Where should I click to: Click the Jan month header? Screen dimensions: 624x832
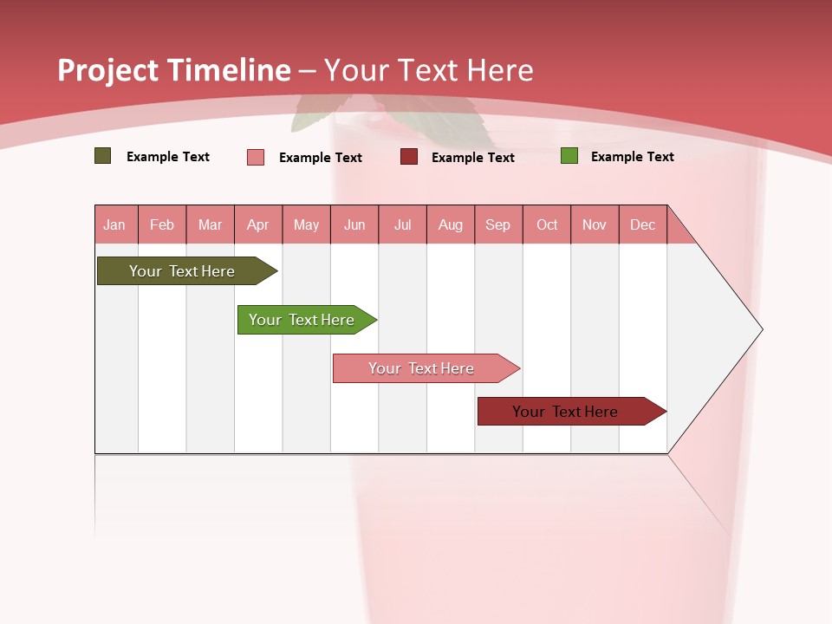click(x=115, y=225)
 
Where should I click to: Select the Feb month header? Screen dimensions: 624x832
click(x=162, y=225)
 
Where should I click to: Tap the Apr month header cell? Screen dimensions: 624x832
click(x=258, y=225)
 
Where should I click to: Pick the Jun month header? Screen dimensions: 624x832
click(x=354, y=225)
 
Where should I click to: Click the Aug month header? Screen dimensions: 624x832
click(x=451, y=225)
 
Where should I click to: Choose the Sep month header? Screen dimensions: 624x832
click(x=498, y=225)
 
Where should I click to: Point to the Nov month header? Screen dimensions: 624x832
click(x=595, y=225)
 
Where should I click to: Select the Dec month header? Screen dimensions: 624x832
click(x=643, y=225)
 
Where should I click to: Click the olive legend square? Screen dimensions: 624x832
click(x=103, y=156)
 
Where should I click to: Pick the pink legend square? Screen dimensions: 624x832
click(x=256, y=157)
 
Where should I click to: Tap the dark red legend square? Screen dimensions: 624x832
click(x=409, y=157)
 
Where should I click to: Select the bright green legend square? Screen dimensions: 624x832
click(x=569, y=156)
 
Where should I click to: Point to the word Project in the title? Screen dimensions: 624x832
click(x=108, y=70)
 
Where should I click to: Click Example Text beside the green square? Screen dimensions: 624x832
click(x=632, y=157)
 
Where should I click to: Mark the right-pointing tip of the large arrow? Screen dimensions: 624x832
click(x=761, y=329)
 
